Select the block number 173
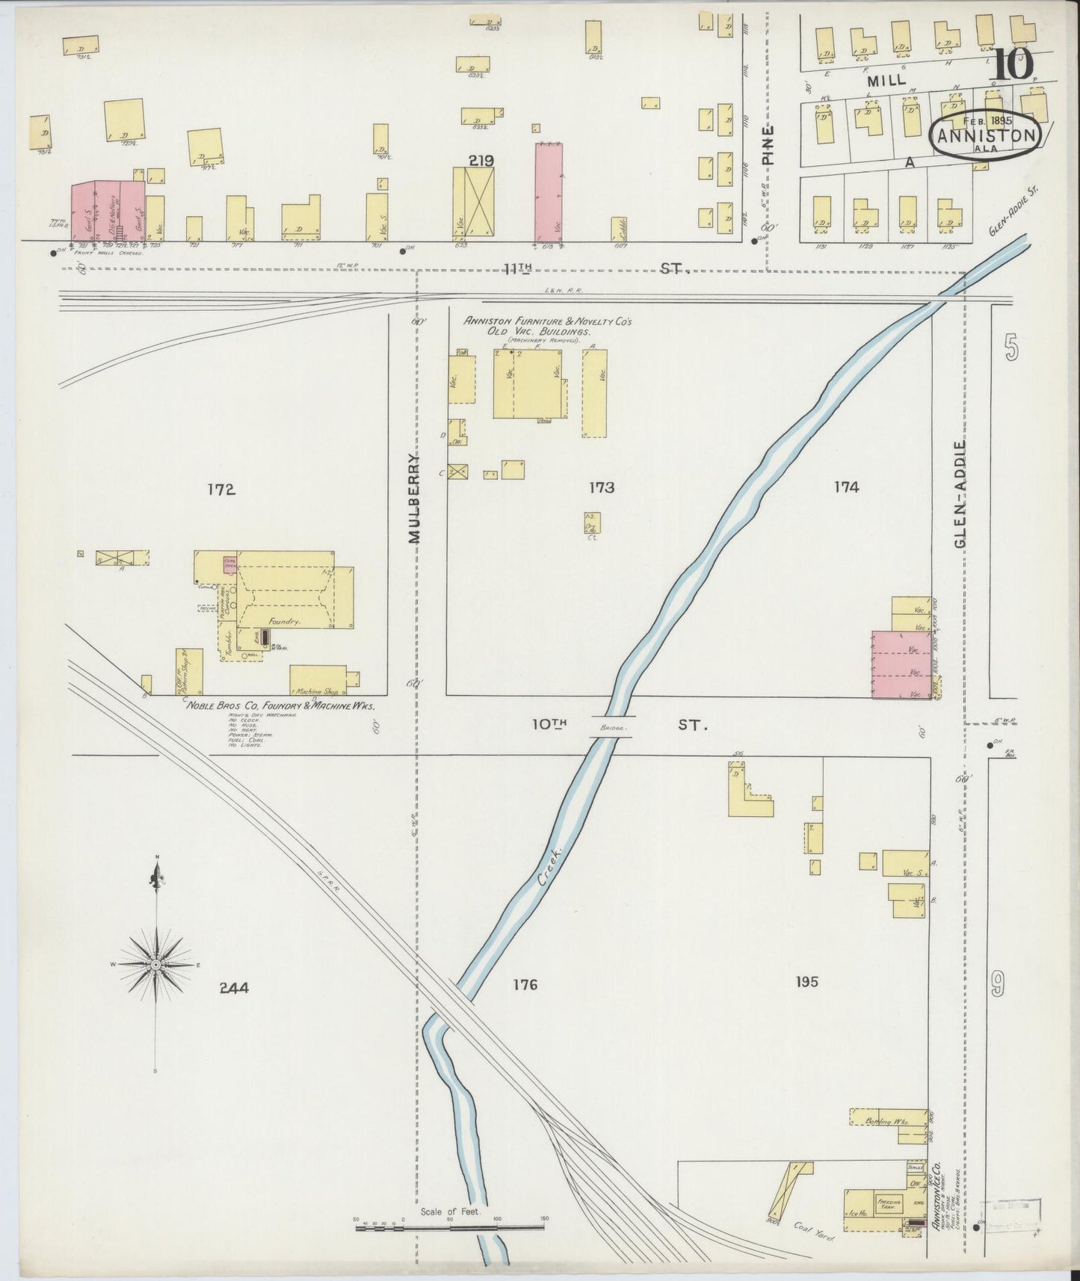point(601,488)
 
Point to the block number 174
point(846,487)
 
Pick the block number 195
point(807,981)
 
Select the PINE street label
point(768,144)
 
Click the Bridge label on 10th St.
point(611,726)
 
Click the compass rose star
point(155,965)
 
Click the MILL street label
point(886,79)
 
